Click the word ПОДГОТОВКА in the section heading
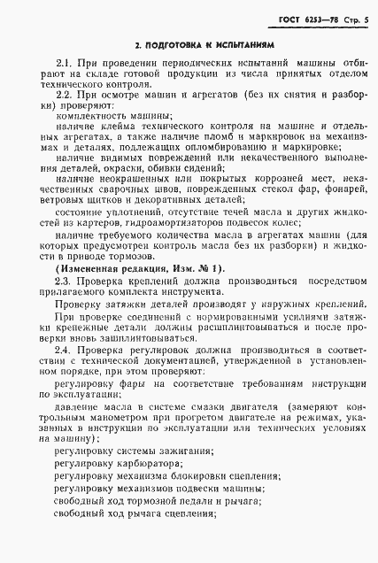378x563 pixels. point(174,42)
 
